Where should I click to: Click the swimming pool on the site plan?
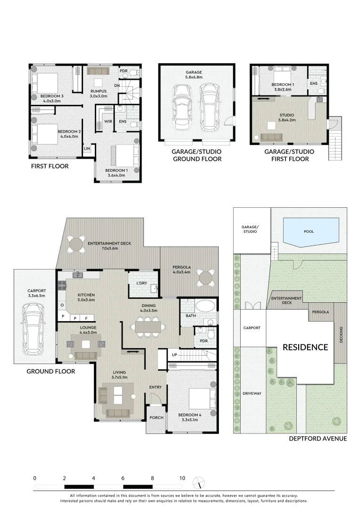coord(311,232)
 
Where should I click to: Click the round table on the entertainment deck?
coord(76,244)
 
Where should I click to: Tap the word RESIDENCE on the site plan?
coord(305,347)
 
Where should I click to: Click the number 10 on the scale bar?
coord(182,478)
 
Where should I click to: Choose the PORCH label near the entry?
coord(156,417)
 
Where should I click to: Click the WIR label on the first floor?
coord(108,121)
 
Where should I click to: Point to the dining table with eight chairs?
coord(148,326)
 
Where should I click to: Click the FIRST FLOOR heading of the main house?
coord(50,166)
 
